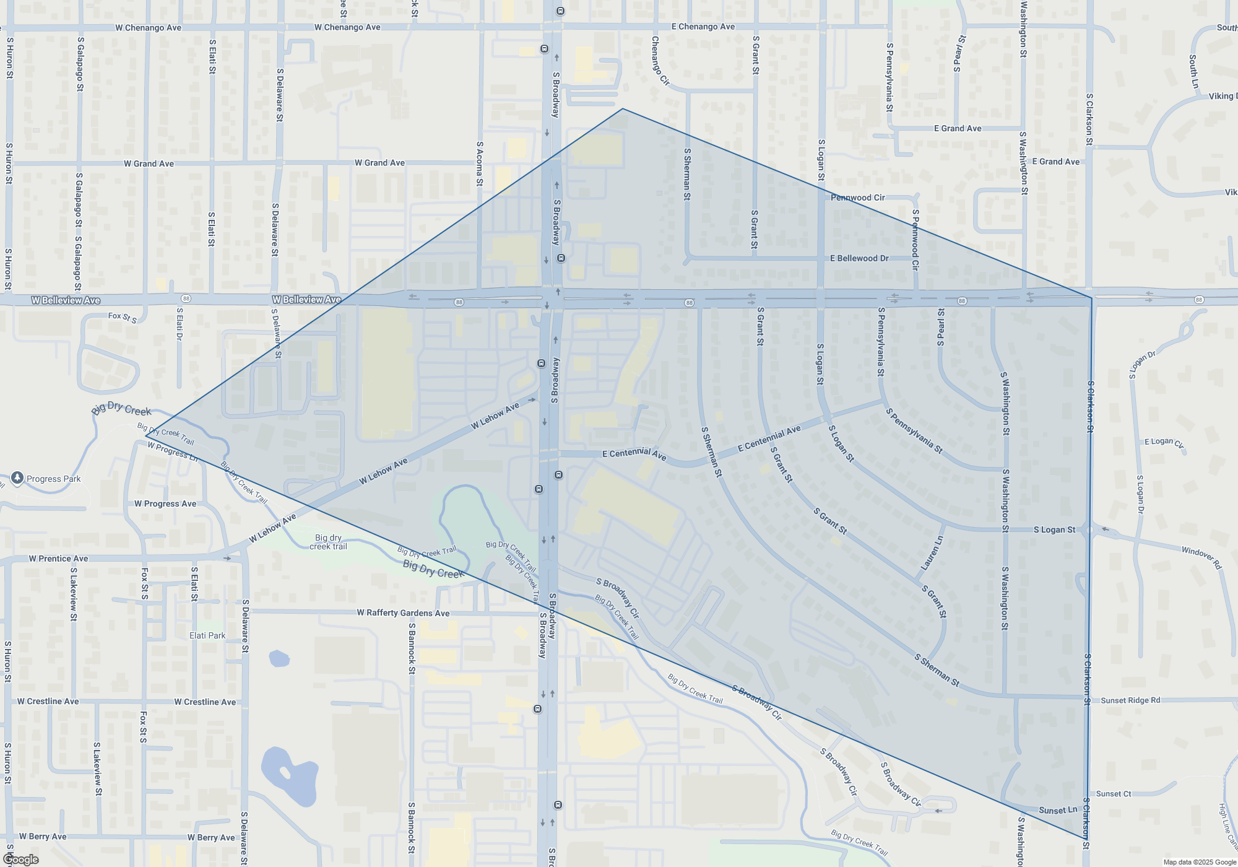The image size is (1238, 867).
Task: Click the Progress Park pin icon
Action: click(17, 477)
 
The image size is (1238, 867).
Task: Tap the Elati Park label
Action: click(207, 635)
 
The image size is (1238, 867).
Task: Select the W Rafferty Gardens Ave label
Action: click(403, 613)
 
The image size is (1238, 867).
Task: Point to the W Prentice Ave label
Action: click(58, 559)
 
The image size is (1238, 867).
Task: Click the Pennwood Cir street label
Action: click(857, 198)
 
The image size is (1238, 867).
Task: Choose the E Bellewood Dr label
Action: click(859, 258)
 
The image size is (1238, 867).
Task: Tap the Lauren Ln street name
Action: click(932, 553)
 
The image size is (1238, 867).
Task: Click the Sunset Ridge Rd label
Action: click(1130, 700)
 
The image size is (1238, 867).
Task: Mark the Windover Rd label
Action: click(1201, 557)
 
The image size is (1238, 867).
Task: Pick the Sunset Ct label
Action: click(1114, 794)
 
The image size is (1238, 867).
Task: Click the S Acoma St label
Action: click(480, 164)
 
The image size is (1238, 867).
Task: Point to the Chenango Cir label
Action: click(660, 60)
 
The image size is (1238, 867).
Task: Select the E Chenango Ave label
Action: click(703, 27)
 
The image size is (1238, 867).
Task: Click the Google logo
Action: click(21, 860)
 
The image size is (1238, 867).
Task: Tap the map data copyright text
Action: click(1200, 862)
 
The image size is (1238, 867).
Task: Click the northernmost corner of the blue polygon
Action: click(623, 109)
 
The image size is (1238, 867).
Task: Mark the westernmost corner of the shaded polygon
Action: click(146, 436)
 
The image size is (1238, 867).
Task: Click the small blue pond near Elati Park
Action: click(279, 657)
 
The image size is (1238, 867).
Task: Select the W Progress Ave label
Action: click(165, 504)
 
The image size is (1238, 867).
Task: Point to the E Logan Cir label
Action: click(1164, 442)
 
